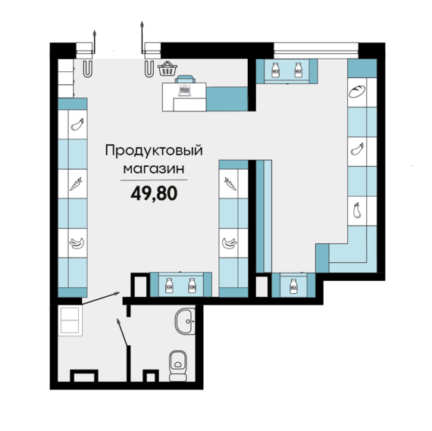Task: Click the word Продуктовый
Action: pyautogui.click(x=154, y=151)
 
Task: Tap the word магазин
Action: pyautogui.click(x=154, y=170)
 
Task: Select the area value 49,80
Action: pyautogui.click(x=154, y=193)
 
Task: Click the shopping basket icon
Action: pyautogui.click(x=167, y=70)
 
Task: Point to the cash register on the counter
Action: pyautogui.click(x=184, y=92)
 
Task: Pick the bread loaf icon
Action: pyautogui.click(x=357, y=93)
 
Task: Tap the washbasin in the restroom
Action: pyautogui.click(x=186, y=322)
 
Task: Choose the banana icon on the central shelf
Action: pyautogui.click(x=230, y=243)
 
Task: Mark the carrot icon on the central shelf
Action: pyautogui.click(x=230, y=183)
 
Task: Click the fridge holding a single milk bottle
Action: pyautogui.click(x=293, y=286)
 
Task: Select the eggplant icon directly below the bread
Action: pyautogui.click(x=357, y=150)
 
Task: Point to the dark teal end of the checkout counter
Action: pyautogui.click(x=227, y=98)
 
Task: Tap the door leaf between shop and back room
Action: pyautogui.click(x=99, y=298)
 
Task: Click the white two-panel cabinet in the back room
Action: pyautogui.click(x=70, y=320)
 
